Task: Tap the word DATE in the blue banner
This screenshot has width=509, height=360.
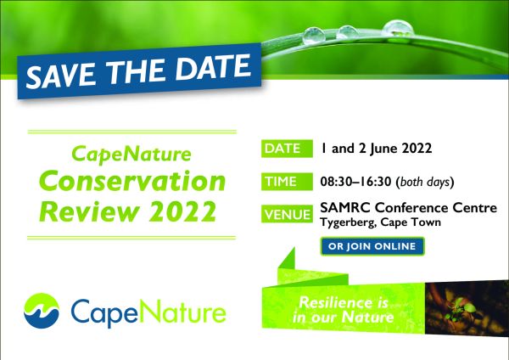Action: point(213,66)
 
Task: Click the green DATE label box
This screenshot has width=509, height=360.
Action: point(287,149)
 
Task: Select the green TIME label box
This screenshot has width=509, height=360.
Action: point(287,182)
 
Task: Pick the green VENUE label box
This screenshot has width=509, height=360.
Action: point(287,214)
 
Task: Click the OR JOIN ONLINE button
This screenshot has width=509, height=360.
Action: point(372,246)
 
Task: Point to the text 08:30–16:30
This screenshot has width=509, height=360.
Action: point(355,182)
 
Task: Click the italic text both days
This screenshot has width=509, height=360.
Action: point(425,182)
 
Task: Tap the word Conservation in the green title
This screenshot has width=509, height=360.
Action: point(132,182)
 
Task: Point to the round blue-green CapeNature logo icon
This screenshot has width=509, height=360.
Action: point(42,311)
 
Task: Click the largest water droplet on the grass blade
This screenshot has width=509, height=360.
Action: point(398,28)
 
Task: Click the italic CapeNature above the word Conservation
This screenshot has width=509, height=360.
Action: point(131,155)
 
